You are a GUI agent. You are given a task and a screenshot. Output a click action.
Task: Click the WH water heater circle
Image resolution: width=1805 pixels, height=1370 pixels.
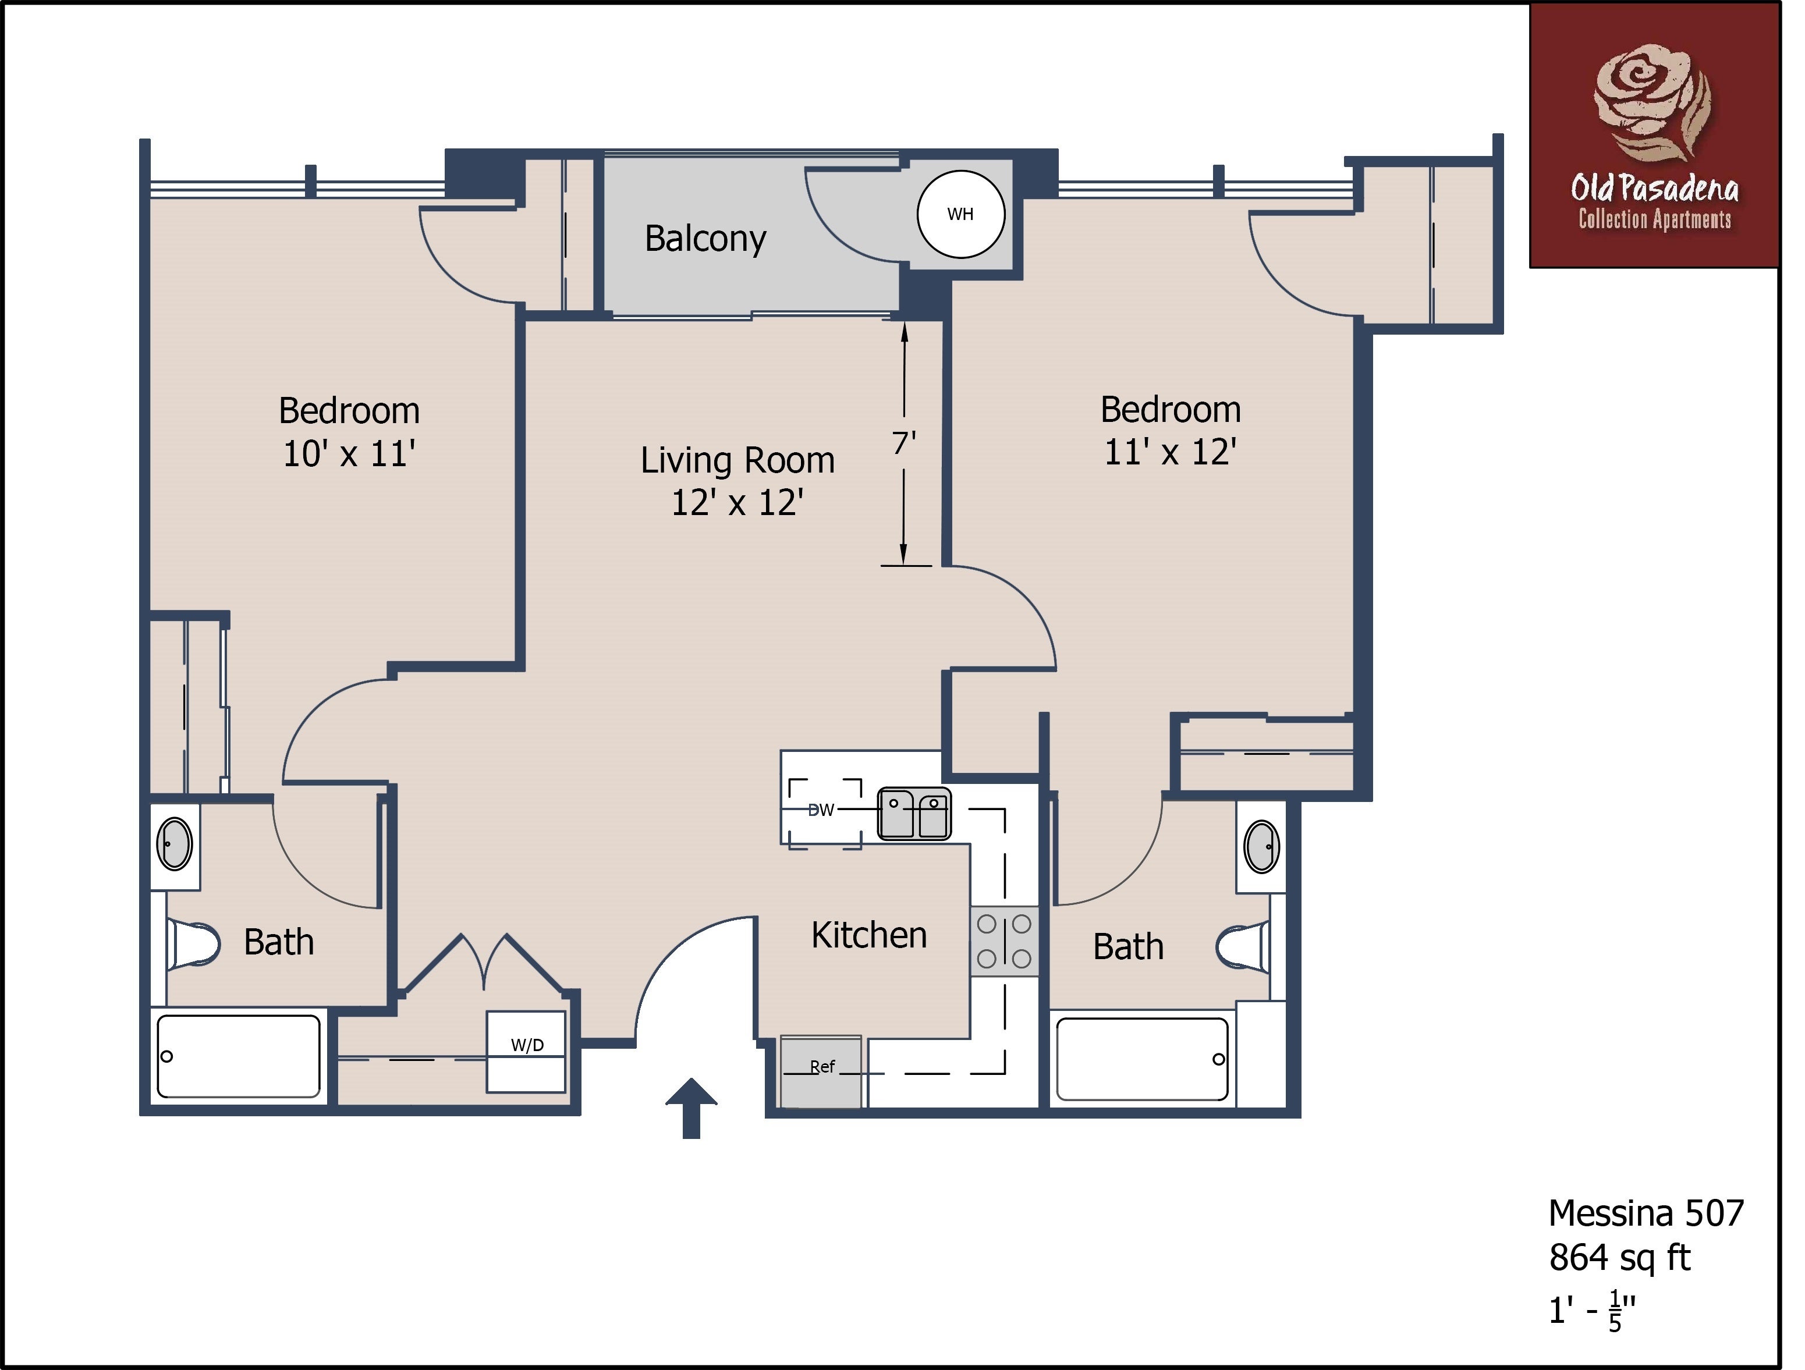click(960, 215)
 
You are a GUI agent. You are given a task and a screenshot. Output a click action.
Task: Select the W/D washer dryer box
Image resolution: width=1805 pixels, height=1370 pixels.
click(526, 1052)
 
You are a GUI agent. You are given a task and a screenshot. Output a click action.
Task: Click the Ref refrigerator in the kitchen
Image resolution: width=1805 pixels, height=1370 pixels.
click(821, 1071)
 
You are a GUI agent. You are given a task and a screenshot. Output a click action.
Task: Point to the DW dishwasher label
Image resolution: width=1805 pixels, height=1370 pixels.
click(821, 810)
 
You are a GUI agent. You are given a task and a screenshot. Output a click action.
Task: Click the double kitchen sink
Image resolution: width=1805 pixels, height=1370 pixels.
click(914, 814)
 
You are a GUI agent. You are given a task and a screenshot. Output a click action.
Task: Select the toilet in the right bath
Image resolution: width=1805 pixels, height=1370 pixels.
click(1243, 947)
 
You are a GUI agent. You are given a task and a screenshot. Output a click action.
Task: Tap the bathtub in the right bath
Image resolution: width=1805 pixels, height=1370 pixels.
click(1143, 1059)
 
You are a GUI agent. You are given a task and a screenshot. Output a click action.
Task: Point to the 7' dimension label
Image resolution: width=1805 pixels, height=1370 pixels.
click(903, 443)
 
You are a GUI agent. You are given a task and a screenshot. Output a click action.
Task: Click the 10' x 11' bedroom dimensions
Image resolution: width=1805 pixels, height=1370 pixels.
click(349, 454)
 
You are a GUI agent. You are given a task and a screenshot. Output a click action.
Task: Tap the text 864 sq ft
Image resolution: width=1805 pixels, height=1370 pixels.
click(1620, 1258)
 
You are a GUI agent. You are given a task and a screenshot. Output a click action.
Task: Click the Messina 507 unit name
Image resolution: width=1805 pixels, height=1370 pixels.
click(1646, 1213)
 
